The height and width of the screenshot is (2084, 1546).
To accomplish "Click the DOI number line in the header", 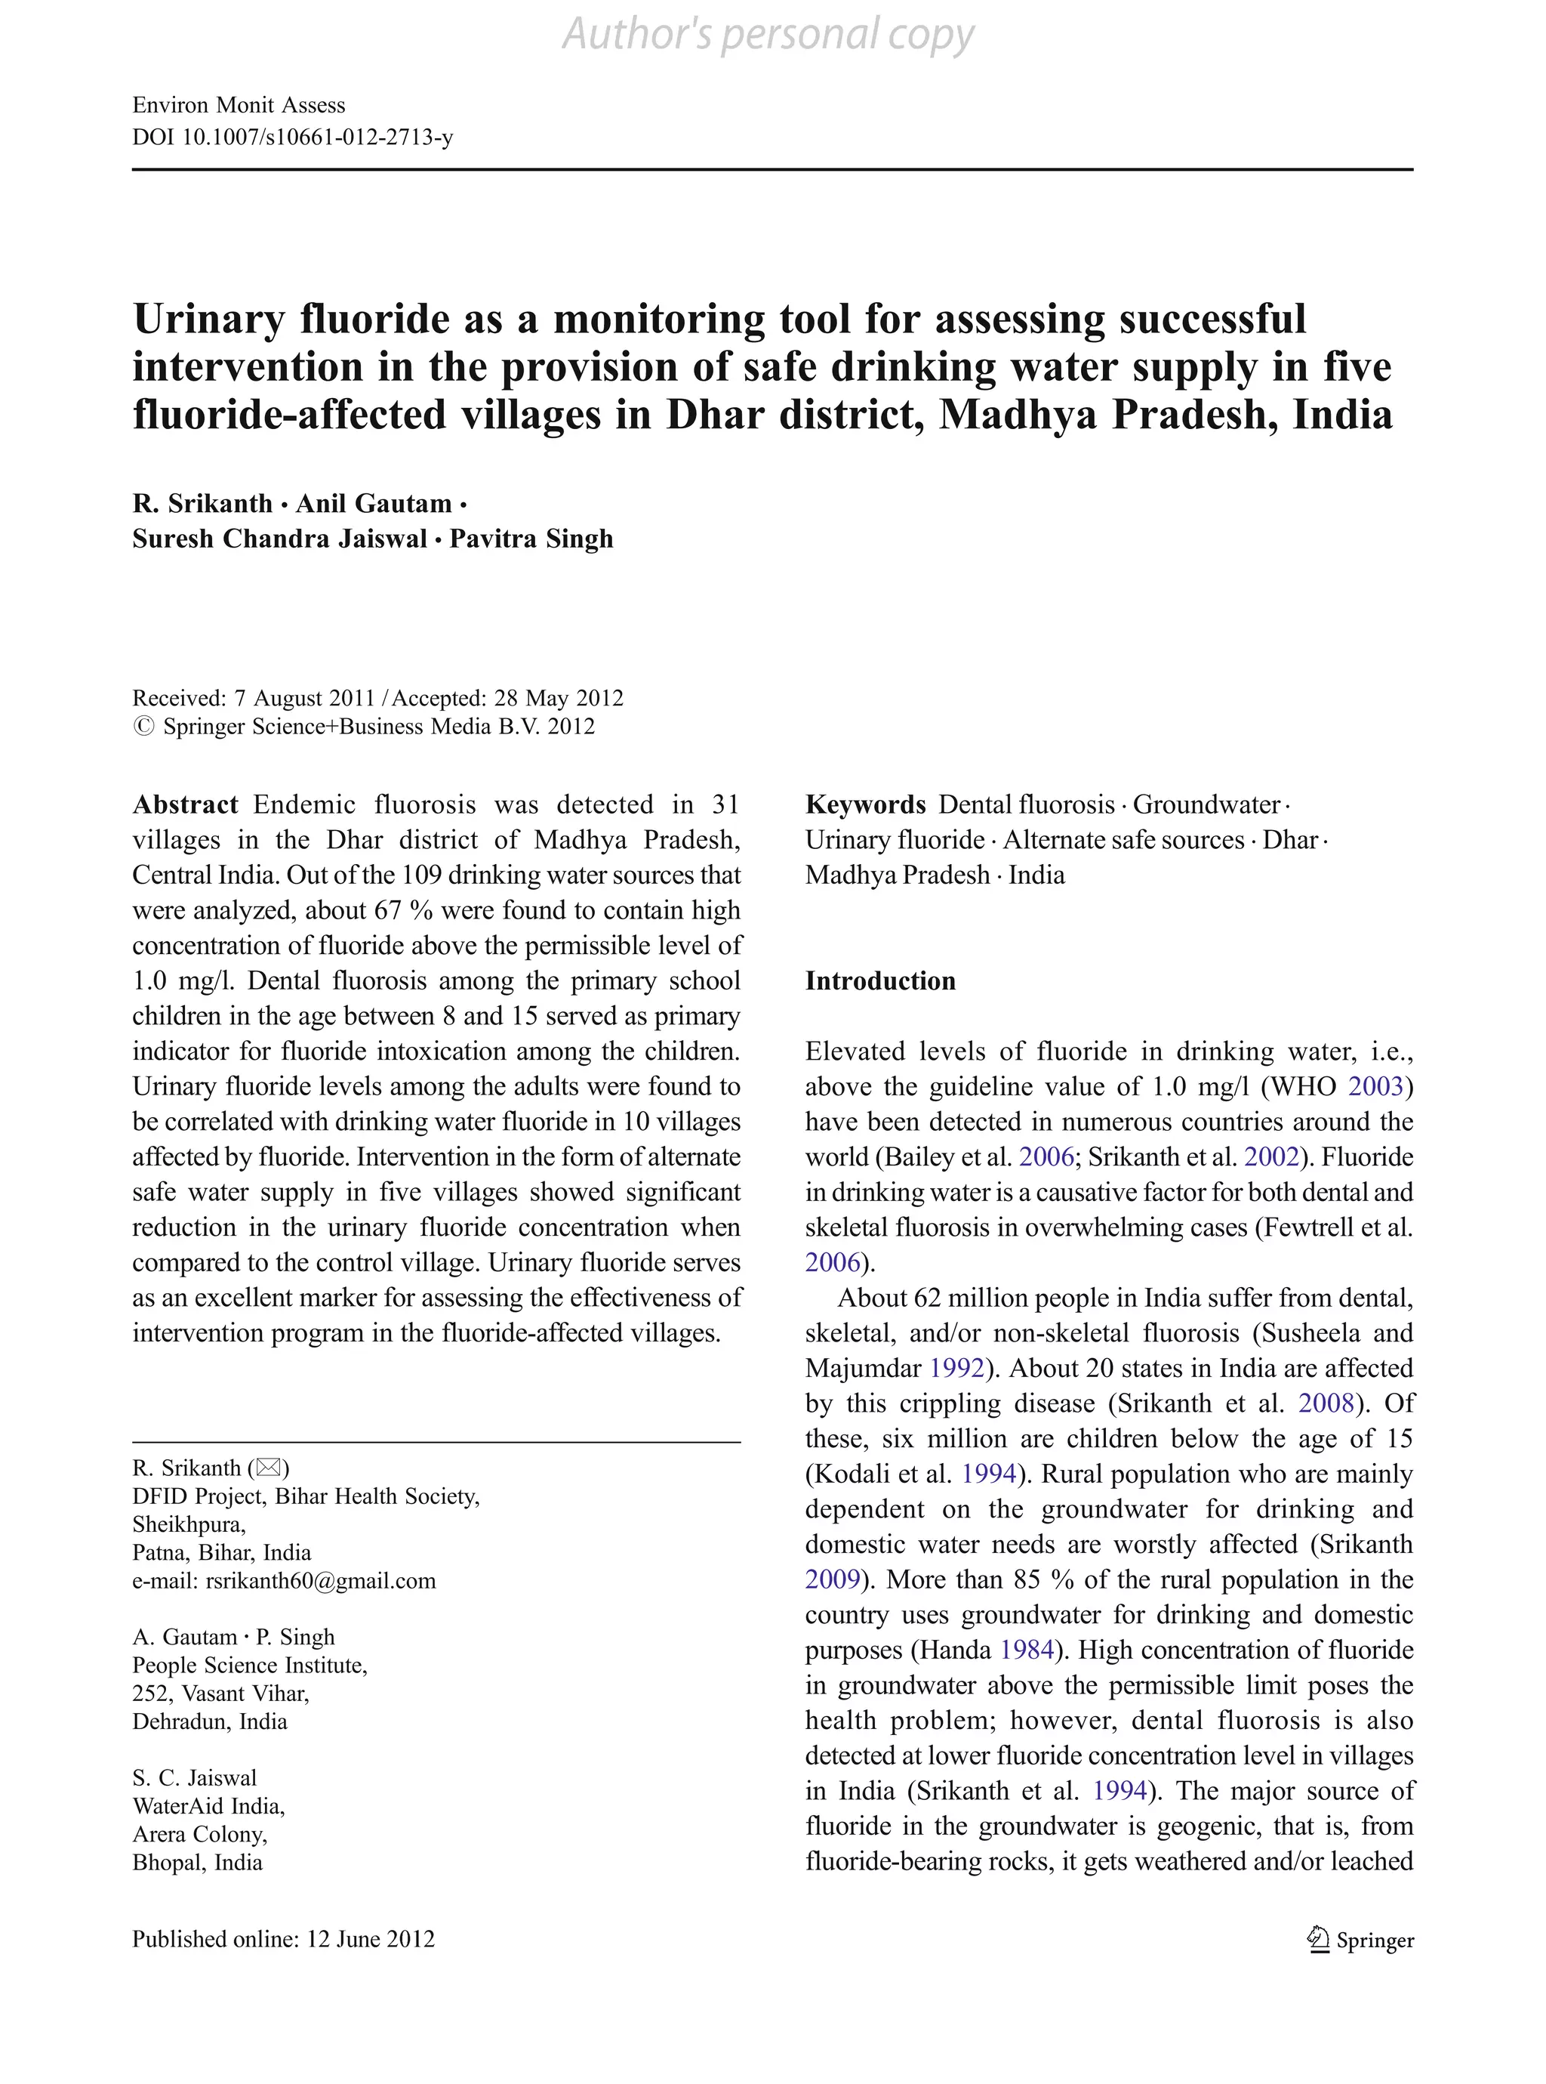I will tap(292, 137).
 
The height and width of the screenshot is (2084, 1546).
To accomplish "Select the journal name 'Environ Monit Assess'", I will tap(239, 105).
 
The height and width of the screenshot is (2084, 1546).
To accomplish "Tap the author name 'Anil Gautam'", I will tap(374, 504).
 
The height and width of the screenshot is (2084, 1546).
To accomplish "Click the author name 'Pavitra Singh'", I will tap(531, 539).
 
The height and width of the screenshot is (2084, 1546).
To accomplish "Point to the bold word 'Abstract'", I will tap(185, 805).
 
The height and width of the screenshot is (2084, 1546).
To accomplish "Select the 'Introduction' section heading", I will tap(879, 981).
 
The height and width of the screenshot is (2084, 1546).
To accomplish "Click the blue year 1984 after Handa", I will tap(1027, 1650).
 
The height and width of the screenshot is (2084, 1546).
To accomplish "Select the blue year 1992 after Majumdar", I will tap(956, 1369).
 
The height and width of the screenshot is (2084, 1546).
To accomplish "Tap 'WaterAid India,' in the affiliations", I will tap(208, 1806).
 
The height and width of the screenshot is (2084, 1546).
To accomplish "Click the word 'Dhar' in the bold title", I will tap(715, 415).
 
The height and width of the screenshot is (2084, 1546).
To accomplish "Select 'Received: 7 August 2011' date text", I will tap(253, 699).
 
